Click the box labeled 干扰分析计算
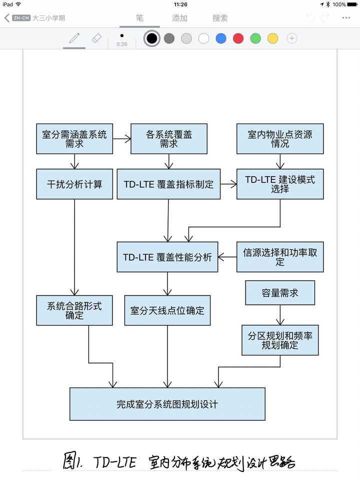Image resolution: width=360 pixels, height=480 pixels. tap(74, 184)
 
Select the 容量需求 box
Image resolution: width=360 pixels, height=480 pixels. tap(280, 292)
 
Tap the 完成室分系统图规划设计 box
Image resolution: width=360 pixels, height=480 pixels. tap(167, 404)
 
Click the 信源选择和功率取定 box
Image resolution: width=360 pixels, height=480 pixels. tap(280, 257)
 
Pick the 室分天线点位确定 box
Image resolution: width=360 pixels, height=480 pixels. tap(167, 310)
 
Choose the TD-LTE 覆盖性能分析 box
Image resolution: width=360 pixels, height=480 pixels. tap(167, 257)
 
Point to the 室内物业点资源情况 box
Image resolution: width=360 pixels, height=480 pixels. tap(280, 138)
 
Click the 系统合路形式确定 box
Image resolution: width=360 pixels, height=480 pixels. tap(74, 310)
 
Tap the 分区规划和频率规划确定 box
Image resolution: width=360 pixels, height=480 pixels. tap(280, 340)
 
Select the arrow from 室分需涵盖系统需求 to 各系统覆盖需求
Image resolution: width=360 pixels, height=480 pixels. tap(122, 138)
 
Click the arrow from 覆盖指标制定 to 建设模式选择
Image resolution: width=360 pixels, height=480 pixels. tap(228, 184)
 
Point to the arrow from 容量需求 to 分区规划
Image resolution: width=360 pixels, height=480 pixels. tap(280, 315)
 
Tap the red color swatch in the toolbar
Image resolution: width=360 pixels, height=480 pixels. tap(238, 38)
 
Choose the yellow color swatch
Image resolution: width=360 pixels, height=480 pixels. tap(273, 38)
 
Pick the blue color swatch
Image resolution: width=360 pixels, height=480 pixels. tap(221, 38)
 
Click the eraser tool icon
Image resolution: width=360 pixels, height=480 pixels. tap(96, 38)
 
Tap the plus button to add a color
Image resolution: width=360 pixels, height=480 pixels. tap(291, 38)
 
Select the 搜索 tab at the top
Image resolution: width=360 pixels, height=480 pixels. tap(220, 18)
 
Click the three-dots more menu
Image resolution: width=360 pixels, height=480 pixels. tap(346, 18)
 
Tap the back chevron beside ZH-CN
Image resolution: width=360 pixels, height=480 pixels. tap(6, 18)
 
